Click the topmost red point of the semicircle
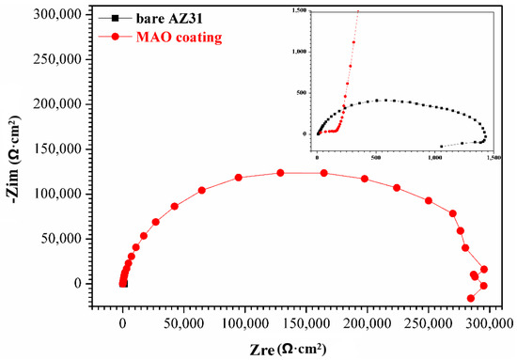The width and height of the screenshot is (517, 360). click(x=280, y=172)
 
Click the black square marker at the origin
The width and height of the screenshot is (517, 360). click(x=123, y=283)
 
